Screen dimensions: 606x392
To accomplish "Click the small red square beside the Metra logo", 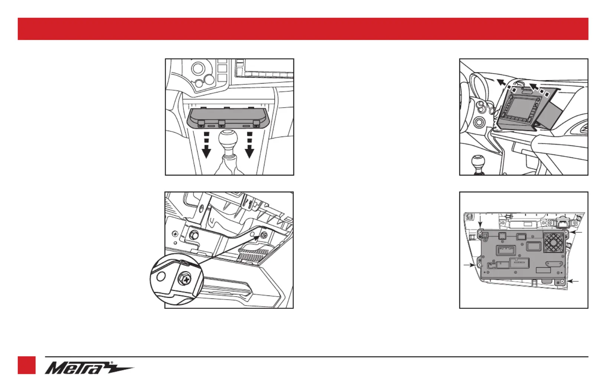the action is coord(27,365).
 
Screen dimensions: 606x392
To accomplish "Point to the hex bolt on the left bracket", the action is coord(193,235).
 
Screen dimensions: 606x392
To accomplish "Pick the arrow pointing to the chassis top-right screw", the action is coord(576,232).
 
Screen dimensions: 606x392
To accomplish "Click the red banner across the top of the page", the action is coord(303,29).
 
